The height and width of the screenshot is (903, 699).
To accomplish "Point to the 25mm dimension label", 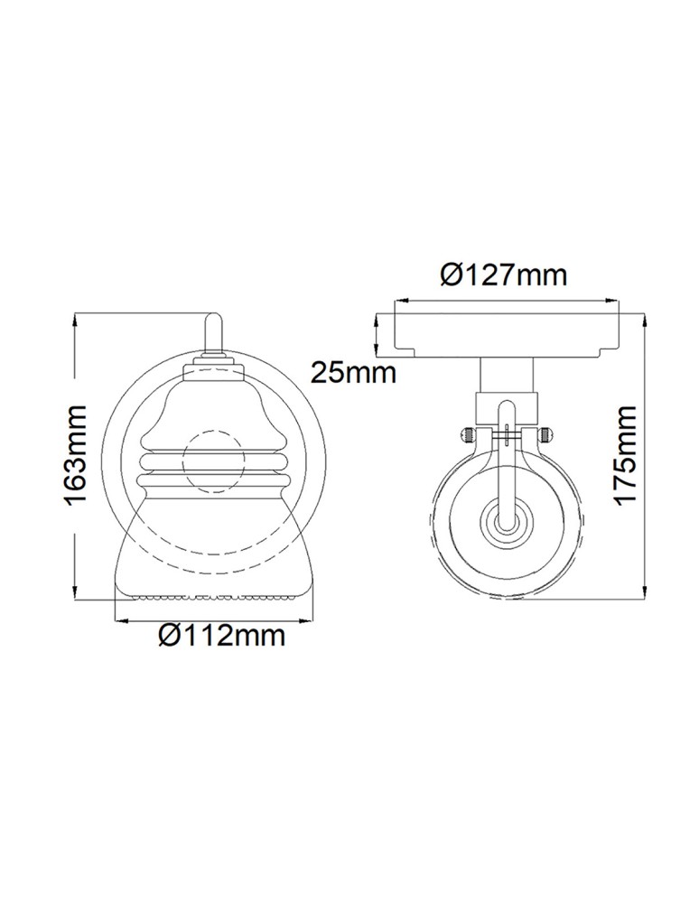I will click(353, 371).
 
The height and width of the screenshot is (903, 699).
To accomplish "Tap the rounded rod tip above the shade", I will click(213, 321).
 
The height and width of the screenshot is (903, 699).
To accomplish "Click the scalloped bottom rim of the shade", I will click(213, 596).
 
